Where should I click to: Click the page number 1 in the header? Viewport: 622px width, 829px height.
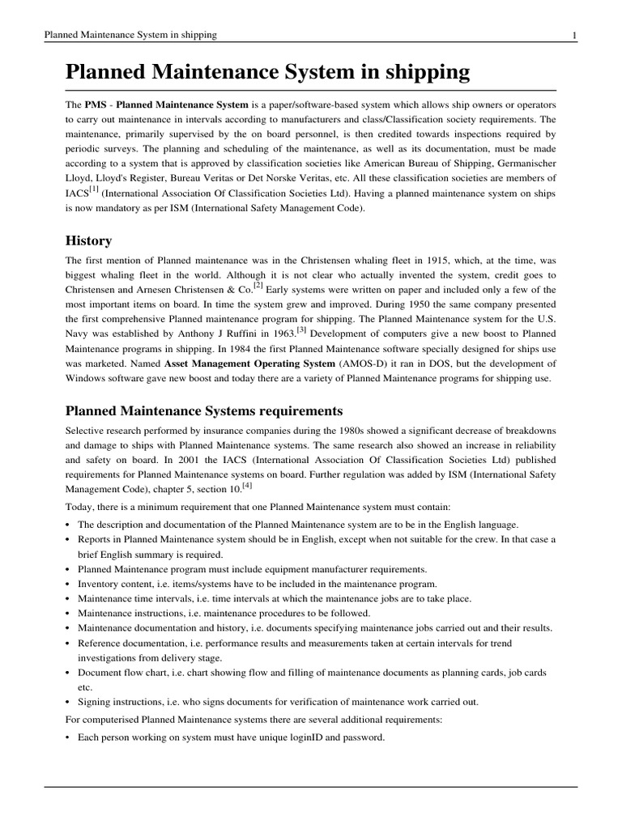[573, 36]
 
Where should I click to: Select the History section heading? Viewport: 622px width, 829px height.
[88, 241]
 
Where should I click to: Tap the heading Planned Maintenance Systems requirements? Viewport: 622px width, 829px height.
[204, 410]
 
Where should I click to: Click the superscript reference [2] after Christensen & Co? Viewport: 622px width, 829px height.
[258, 285]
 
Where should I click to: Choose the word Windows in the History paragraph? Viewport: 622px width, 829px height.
[85, 379]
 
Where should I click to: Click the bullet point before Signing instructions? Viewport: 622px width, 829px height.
[68, 702]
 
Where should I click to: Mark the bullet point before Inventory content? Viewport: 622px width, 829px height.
[68, 584]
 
